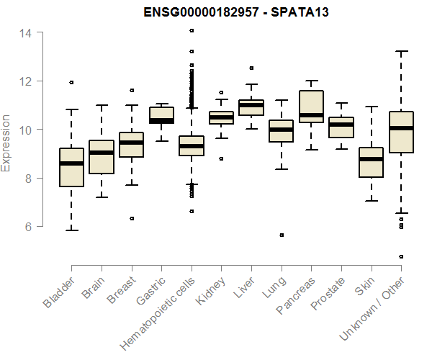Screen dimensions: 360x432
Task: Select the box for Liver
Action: coord(251,107)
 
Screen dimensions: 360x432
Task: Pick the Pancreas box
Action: coord(312,107)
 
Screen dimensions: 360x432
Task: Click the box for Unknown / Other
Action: coord(401,132)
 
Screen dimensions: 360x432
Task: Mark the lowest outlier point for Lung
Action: coord(282,235)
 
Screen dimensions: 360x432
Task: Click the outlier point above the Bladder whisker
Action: coord(71,82)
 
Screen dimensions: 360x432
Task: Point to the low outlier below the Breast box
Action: coord(131,218)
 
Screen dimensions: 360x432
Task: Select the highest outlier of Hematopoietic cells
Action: coord(192,30)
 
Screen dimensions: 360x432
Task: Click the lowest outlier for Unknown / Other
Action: coord(401,256)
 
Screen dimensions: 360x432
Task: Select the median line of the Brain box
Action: coord(102,152)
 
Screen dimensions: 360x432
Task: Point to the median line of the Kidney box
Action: coord(221,117)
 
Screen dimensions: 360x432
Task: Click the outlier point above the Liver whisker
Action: coord(251,68)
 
